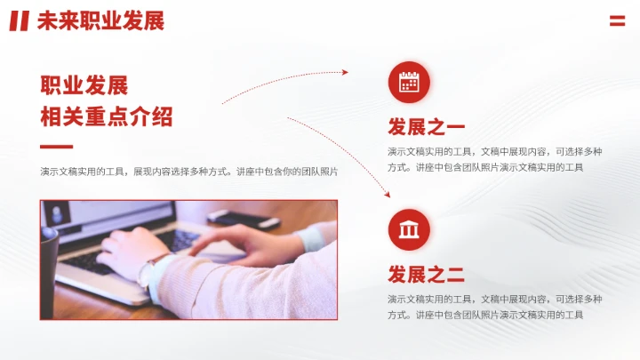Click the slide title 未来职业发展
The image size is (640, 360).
pos(100,20)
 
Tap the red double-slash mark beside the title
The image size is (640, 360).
pos(19,20)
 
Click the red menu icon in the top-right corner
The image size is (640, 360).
pos(617,20)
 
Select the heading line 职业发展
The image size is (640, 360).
pos(84,85)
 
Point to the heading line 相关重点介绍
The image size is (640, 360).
pos(107,116)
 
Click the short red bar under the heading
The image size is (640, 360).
pos(56,147)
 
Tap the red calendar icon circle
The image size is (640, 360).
pos(409,82)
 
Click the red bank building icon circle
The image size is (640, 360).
pos(409,230)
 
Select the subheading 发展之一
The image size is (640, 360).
pos(426,126)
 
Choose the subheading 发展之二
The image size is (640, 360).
pos(426,274)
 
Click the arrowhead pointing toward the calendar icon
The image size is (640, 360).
pos(345,73)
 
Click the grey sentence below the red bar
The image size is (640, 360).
pos(188,172)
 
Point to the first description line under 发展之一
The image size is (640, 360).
pos(494,151)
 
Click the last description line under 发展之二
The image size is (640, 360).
pos(485,315)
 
